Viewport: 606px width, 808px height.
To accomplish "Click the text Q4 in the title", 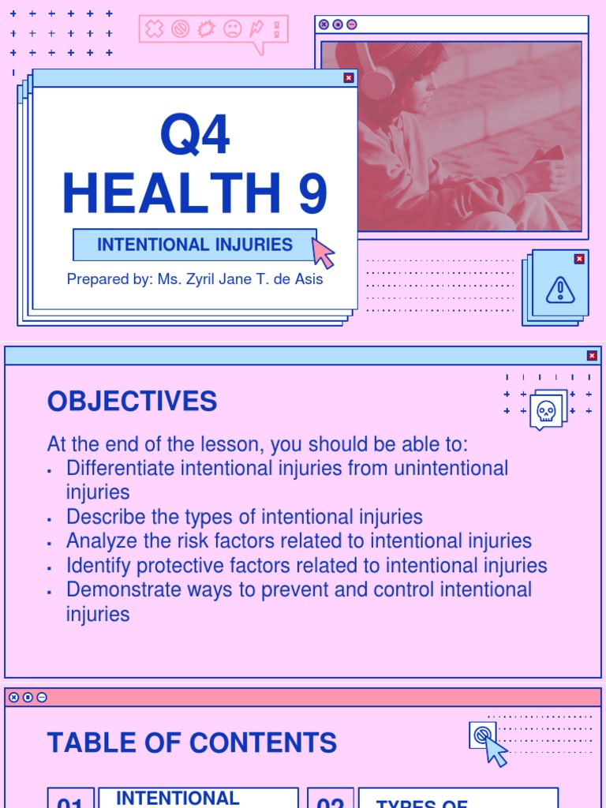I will pos(195,135).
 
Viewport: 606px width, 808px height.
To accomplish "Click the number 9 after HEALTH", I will pos(312,193).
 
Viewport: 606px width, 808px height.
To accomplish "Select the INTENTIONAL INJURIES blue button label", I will pos(195,245).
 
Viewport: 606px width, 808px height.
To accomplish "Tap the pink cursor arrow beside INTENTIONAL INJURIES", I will pos(323,252).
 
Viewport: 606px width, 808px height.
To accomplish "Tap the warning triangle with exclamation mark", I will pos(560,290).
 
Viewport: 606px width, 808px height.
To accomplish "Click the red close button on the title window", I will pos(349,77).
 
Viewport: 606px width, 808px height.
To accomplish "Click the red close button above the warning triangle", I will pos(579,259).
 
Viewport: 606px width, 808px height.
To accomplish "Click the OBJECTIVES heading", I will pos(132,402).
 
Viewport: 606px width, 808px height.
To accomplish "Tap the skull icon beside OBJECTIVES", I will pos(546,410).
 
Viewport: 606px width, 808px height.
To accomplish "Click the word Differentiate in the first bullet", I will pos(121,468).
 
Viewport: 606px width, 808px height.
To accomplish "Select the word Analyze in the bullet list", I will pos(99,541).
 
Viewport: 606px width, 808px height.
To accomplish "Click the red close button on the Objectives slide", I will pos(592,356).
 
